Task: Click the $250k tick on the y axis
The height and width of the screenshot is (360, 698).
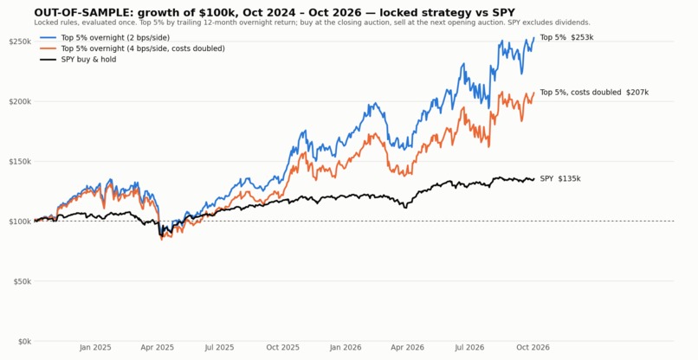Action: (x=20, y=42)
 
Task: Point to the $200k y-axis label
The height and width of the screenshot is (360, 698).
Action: (x=20, y=101)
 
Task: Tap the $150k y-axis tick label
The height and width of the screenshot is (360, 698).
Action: (x=20, y=162)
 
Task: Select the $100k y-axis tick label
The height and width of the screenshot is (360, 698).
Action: (x=20, y=222)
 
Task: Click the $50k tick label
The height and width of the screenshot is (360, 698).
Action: (x=22, y=281)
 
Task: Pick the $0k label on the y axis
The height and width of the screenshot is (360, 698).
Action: (x=23, y=341)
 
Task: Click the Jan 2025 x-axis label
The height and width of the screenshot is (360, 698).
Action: (x=95, y=348)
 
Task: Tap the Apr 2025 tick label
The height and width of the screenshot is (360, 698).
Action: (x=158, y=348)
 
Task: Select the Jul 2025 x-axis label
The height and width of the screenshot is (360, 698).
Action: (x=219, y=348)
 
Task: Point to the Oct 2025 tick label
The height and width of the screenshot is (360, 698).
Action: (x=283, y=348)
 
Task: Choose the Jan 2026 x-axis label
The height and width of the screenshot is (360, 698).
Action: (x=346, y=348)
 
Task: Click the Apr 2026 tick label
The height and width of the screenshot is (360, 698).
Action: (x=408, y=348)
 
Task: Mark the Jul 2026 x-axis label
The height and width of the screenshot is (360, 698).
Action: (x=469, y=348)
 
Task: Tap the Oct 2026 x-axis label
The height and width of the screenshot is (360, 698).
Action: (x=533, y=348)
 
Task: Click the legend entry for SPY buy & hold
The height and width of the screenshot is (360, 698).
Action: (x=78, y=59)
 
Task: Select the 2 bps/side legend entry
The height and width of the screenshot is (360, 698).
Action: (x=105, y=38)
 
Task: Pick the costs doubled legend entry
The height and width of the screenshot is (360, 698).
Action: (x=132, y=48)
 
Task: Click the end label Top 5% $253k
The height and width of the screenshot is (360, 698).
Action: (x=566, y=38)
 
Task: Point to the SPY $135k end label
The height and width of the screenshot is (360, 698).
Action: (x=560, y=179)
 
